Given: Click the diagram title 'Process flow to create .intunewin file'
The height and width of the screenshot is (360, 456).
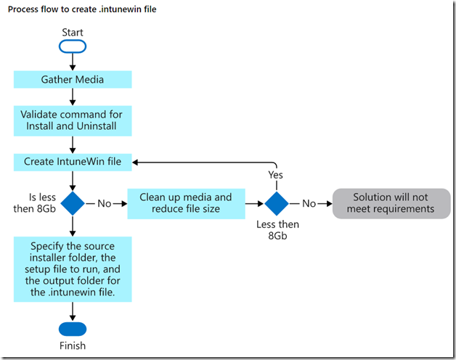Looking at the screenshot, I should pos(82,9).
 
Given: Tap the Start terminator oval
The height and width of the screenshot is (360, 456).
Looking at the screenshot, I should pos(73,46).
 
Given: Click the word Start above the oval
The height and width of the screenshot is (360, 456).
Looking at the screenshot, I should pos(73,32).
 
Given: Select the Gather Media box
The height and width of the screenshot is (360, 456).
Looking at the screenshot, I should pos(73,79).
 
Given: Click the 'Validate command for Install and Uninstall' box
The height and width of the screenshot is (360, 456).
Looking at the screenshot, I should pos(73,120).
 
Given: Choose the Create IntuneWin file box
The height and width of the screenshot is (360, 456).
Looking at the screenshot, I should pos(73,162).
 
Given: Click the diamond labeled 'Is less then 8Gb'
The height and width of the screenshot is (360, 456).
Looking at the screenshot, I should pos(73,203).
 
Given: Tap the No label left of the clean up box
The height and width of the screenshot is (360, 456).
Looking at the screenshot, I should pos(105,204).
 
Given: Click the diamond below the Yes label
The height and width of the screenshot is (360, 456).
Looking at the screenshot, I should pos(276,203).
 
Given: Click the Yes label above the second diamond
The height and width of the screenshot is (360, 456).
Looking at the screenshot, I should pos(276,175).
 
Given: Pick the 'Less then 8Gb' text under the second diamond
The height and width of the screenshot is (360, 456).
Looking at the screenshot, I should pos(276,229).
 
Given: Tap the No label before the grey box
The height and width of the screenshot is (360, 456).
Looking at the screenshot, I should pos(309,204).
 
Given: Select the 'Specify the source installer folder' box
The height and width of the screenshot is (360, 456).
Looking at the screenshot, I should pos(73,269).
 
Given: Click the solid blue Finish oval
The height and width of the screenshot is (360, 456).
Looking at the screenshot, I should pos(73,328).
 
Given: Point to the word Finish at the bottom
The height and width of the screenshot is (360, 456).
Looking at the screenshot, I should pos(73,346).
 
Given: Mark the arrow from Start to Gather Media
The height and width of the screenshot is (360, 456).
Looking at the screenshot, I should pos(73,62).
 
